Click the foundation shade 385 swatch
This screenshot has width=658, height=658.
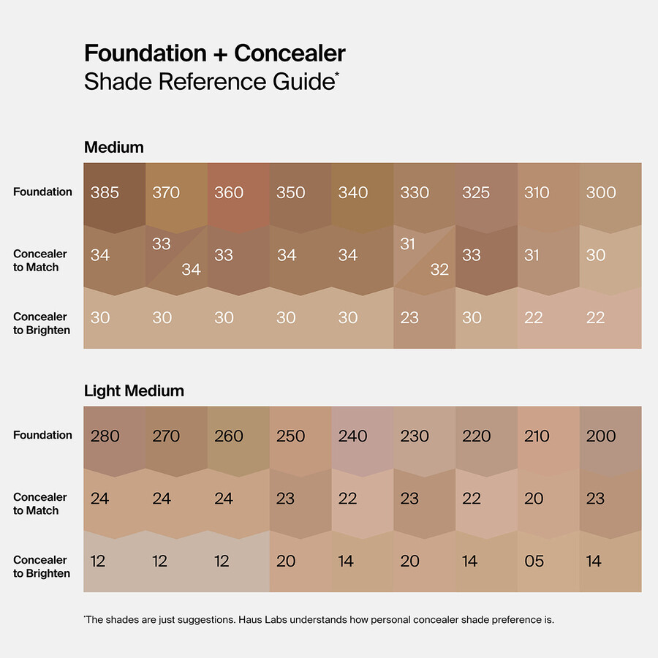click(114, 194)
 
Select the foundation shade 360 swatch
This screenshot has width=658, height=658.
click(238, 194)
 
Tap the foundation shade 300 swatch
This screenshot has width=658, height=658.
click(610, 194)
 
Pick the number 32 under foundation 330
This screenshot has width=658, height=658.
click(439, 270)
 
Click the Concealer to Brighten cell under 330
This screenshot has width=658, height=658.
click(424, 319)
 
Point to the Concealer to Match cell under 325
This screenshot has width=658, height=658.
click(486, 256)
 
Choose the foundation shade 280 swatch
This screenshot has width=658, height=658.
click(114, 437)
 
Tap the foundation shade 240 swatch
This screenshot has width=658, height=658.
click(362, 437)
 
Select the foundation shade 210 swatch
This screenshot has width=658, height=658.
click(548, 437)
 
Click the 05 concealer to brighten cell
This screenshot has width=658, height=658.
click(548, 561)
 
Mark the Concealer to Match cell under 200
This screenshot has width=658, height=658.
click(610, 499)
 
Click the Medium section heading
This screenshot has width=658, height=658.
click(114, 147)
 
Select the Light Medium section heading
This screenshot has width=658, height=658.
click(134, 390)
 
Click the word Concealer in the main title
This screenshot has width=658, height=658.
click(290, 53)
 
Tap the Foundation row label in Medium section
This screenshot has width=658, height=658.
click(42, 192)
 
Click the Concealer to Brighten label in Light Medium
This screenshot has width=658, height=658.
click(42, 567)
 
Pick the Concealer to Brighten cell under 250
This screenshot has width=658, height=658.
click(300, 561)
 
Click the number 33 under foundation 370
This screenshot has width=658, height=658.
click(162, 243)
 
